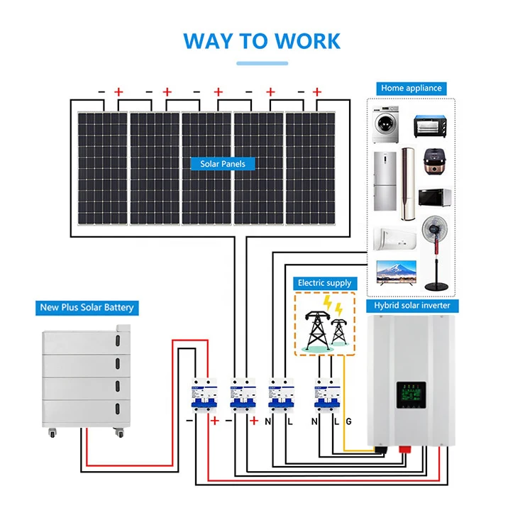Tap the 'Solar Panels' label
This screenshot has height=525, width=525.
222,164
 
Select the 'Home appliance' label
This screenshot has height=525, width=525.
411,88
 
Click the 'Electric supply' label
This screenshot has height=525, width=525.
324,283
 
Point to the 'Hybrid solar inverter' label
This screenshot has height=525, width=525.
412,305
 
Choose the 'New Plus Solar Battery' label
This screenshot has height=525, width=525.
87,308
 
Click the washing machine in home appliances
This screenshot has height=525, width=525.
388,125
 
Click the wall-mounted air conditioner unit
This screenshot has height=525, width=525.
392,237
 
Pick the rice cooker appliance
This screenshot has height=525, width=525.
434,162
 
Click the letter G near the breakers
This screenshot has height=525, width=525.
348,421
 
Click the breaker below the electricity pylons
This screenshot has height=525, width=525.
326,396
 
